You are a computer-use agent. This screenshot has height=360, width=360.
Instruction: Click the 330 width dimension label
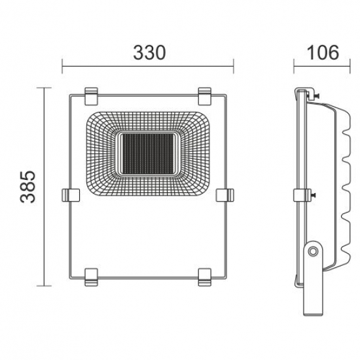point(148,53)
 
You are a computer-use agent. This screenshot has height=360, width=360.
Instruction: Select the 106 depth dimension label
point(315,53)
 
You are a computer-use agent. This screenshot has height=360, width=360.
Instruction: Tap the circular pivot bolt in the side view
point(314,250)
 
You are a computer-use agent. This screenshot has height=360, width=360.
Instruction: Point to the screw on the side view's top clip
point(315,98)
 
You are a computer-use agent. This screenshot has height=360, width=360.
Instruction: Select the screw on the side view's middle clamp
point(314,195)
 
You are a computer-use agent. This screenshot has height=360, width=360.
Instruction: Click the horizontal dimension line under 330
point(148,65)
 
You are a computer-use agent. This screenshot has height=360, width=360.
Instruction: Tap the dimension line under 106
point(315,65)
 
